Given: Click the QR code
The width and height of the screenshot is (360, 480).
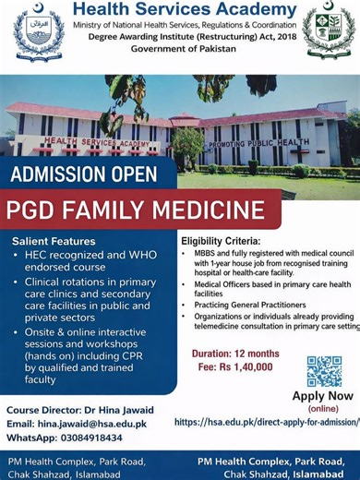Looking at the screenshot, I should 324,371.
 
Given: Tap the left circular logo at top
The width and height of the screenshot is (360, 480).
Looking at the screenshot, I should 40,36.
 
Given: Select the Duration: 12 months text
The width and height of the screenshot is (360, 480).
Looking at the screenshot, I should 234,354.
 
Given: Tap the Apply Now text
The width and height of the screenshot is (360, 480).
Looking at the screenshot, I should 322,397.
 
